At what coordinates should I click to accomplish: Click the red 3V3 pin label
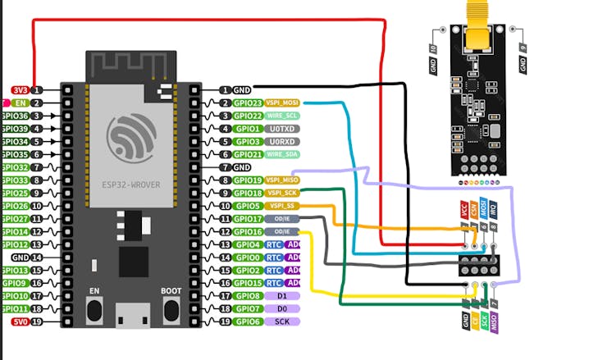[20, 90]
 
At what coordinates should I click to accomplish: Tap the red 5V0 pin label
[20, 321]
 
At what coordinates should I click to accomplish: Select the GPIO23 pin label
[247, 103]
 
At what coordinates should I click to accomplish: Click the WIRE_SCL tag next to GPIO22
[281, 116]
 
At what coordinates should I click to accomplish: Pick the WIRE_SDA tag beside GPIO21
[281, 154]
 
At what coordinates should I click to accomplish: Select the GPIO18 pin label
[247, 193]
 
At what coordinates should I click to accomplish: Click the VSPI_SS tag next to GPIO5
[281, 206]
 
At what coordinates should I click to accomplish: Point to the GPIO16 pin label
[247, 231]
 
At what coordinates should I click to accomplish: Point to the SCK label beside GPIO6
[281, 321]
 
